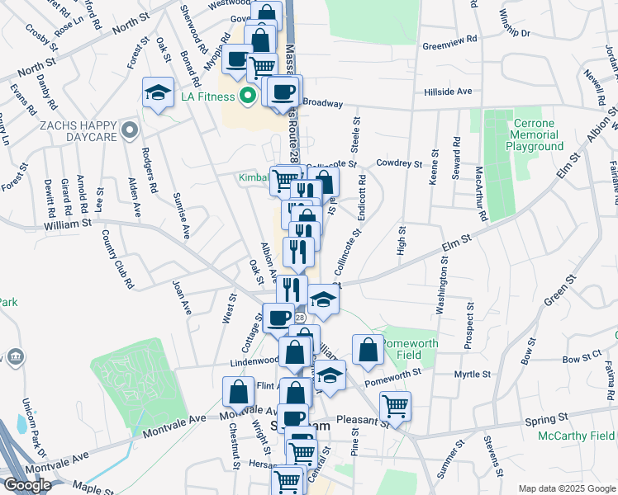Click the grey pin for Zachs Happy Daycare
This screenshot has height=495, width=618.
[x=129, y=130]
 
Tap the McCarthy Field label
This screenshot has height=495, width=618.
[x=576, y=436]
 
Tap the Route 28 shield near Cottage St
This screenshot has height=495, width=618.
[x=299, y=317]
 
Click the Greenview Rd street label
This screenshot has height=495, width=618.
[x=450, y=39]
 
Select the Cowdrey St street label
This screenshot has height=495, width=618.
[x=399, y=163]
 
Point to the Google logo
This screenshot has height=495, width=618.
[x=27, y=485]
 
